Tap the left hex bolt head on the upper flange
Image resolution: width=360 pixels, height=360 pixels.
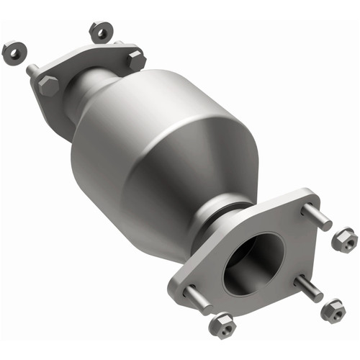49,86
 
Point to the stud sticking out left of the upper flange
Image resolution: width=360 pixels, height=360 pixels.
33,71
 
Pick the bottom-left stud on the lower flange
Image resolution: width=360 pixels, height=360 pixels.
196,297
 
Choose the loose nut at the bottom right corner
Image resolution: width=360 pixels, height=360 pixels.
333,310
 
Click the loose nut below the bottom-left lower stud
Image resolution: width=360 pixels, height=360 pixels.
221,325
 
